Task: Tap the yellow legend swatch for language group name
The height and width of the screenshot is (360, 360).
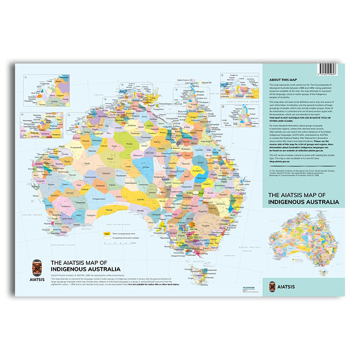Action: pyautogui.click(x=106, y=233)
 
